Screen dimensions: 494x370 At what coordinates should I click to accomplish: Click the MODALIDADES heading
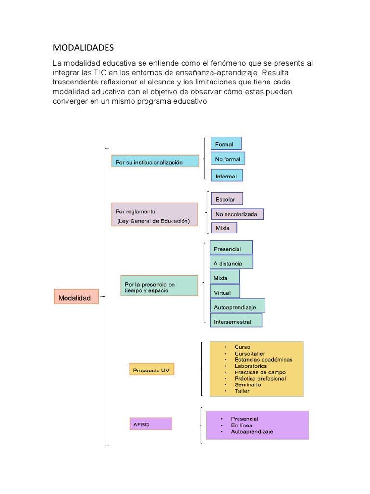(x=83, y=47)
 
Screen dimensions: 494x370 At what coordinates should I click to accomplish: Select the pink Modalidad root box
(x=76, y=297)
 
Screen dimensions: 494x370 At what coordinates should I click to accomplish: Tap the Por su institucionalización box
(x=155, y=162)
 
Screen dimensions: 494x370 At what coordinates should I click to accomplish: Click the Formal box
(x=226, y=144)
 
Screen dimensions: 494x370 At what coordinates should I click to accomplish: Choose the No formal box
(x=228, y=159)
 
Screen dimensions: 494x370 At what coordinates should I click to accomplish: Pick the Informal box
(x=227, y=176)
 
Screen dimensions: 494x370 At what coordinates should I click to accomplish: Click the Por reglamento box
(x=155, y=216)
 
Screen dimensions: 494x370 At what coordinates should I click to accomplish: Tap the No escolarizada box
(x=237, y=214)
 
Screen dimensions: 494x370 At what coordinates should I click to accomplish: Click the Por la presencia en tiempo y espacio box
(x=159, y=286)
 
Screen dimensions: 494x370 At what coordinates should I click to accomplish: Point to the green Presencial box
(x=231, y=248)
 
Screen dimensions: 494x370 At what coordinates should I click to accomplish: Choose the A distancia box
(x=231, y=262)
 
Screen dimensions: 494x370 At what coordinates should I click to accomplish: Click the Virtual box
(x=225, y=291)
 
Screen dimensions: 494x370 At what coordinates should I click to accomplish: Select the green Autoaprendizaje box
(x=238, y=306)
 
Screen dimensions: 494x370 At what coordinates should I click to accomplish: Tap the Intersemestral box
(x=236, y=321)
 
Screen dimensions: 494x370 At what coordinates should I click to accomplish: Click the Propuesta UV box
(x=152, y=370)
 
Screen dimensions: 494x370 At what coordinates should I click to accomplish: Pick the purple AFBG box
(x=150, y=425)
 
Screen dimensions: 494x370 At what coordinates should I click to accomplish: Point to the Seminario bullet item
(x=248, y=384)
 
